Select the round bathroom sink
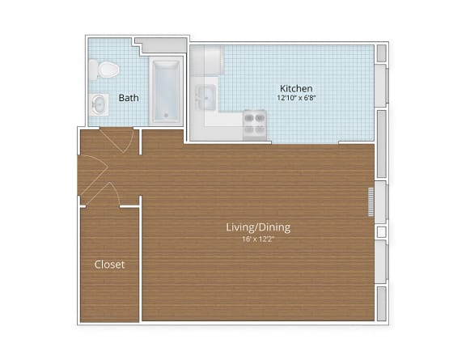[99, 104]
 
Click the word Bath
[129, 98]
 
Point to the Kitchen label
[296, 88]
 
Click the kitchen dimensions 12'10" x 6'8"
[296, 98]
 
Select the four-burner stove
[256, 123]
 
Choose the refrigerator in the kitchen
[209, 61]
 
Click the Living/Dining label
[258, 227]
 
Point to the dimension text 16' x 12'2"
[258, 239]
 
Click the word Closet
[109, 265]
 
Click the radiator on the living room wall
[371, 201]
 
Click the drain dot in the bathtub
[167, 115]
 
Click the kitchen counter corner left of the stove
[223, 122]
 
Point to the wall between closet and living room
[141, 259]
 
